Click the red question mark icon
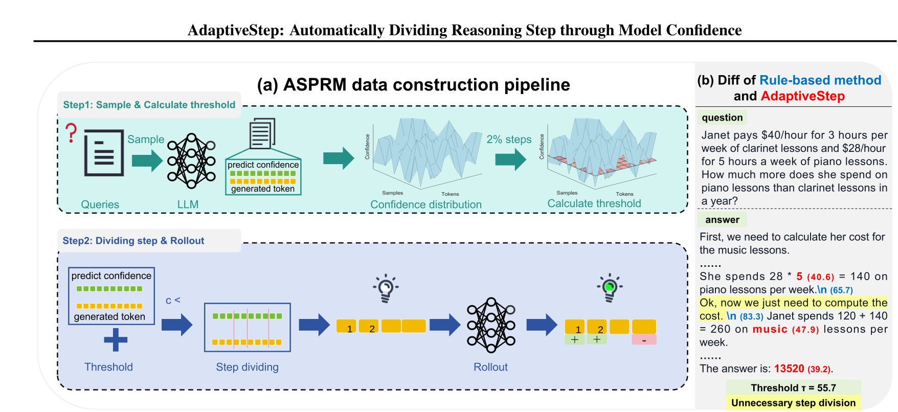click(x=72, y=133)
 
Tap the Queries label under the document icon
click(x=100, y=204)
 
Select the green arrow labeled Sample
click(x=147, y=160)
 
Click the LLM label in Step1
click(x=188, y=204)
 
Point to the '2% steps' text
click(x=509, y=139)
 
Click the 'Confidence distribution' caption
click(x=425, y=204)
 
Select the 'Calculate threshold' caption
click(x=594, y=203)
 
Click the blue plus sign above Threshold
click(x=116, y=340)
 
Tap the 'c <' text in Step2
click(x=173, y=301)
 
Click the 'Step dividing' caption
click(x=247, y=367)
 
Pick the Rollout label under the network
click(x=490, y=367)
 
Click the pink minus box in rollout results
click(x=644, y=340)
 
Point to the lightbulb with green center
click(x=609, y=287)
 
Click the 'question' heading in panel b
click(x=722, y=118)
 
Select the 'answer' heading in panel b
click(x=722, y=220)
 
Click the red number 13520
click(x=789, y=369)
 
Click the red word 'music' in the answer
click(x=770, y=329)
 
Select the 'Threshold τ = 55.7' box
click(x=793, y=387)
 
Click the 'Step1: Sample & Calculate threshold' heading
click(x=149, y=105)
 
